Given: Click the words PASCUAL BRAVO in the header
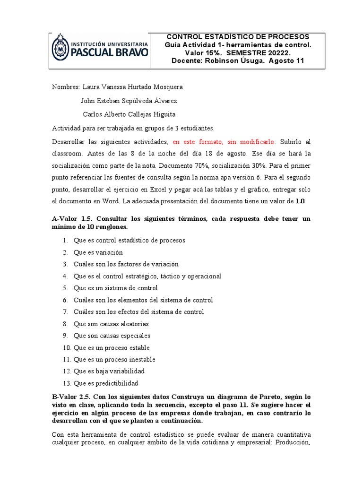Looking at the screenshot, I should click(109, 52).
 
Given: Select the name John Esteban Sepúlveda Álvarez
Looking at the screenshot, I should click(129, 100).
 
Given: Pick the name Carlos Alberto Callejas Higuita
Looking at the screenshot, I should click(130, 114).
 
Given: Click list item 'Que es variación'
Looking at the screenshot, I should click(98, 252).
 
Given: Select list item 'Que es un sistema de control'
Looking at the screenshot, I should click(116, 288).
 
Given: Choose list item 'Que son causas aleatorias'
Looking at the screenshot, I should click(111, 324).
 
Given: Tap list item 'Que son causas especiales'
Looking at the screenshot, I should click(112, 336).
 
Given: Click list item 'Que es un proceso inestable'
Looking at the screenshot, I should click(114, 359).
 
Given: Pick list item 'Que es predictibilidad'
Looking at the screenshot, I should click(106, 383).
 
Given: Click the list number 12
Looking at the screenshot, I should click(67, 372).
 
